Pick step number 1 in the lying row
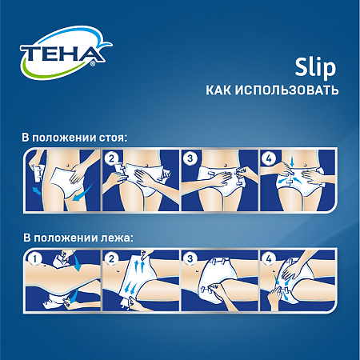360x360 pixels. (34, 259)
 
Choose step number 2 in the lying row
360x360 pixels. (113, 259)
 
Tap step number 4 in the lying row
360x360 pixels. (269, 259)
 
